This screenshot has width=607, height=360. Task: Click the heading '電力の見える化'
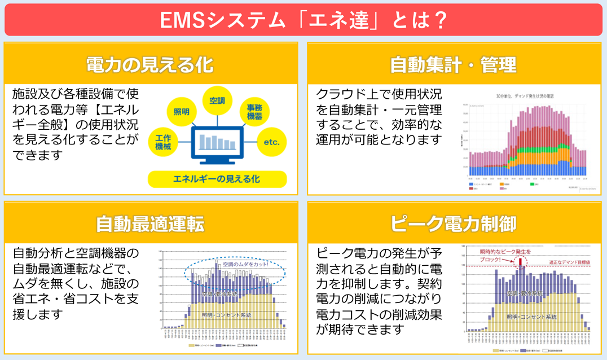[x=149, y=65]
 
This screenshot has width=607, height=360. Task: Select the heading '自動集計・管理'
[x=453, y=65]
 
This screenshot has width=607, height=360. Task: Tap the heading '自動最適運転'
[x=149, y=224]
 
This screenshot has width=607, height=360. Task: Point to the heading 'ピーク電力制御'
[x=453, y=224]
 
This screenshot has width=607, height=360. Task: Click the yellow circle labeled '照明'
[x=181, y=112]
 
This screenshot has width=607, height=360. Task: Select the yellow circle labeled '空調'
[x=217, y=101]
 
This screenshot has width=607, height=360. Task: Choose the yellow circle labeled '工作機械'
[x=163, y=142]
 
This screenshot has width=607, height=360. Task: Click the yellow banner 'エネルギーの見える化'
[x=217, y=179]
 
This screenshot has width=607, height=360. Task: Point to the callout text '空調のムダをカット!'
[x=245, y=264]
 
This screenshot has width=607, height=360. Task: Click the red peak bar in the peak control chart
[x=520, y=262]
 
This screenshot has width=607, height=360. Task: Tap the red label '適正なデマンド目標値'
[x=569, y=262]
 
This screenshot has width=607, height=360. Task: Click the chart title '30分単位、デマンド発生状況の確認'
[x=525, y=96]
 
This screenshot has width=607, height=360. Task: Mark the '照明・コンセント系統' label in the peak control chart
[x=531, y=317]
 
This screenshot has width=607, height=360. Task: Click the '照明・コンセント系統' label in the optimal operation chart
[x=226, y=315]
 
